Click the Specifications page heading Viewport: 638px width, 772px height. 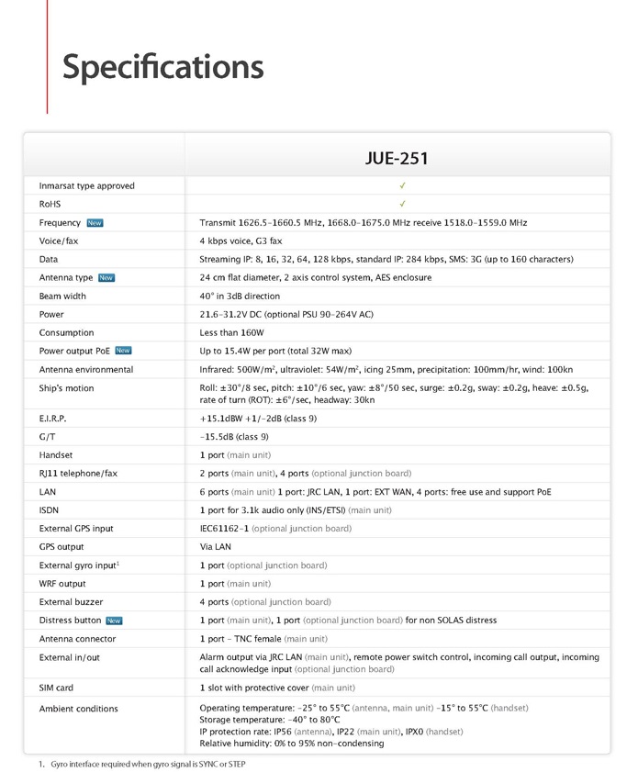(162, 67)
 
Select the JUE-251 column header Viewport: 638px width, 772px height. (397, 159)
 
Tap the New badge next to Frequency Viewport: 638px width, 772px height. (95, 223)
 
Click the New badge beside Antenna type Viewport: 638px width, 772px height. (106, 278)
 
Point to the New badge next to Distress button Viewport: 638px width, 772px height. (114, 621)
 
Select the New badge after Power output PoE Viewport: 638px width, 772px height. (123, 351)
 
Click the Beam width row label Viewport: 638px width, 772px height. (62, 296)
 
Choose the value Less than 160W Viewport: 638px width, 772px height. (231, 332)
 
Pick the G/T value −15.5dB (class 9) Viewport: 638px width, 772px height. (234, 437)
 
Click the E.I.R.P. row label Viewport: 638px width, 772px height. (53, 419)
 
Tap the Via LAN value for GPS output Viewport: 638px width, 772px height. (216, 547)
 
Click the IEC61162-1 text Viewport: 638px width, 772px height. (224, 529)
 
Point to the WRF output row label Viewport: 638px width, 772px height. (62, 584)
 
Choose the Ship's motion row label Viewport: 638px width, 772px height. (67, 388)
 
